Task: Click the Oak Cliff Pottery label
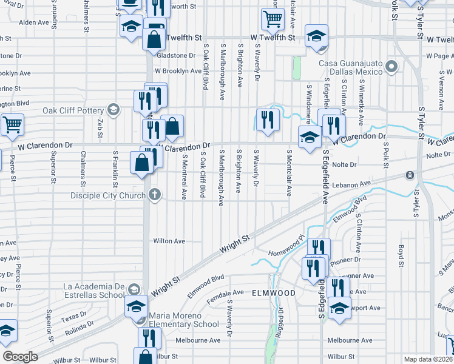[72, 110]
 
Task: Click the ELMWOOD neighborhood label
[274, 293]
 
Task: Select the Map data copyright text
[427, 359]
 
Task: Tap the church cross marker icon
[155, 195]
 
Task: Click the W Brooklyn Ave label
[178, 71]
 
